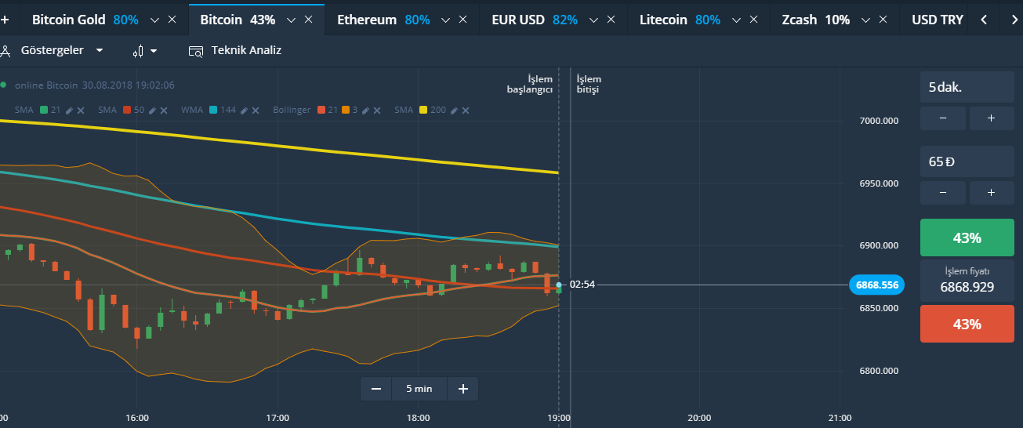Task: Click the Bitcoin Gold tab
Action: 69,20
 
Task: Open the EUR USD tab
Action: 519,20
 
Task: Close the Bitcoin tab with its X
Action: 308,20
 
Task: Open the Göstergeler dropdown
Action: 61,50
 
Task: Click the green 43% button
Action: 967,238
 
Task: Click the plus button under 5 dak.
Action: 991,118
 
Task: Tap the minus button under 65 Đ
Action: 941,193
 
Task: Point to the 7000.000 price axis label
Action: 879,121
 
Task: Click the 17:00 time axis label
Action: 278,417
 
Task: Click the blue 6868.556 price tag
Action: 876,285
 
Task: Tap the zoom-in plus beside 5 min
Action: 463,388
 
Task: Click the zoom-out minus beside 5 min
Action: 376,388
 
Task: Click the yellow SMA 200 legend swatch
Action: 423,110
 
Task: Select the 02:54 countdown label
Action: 582,284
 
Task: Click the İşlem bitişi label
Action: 589,84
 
